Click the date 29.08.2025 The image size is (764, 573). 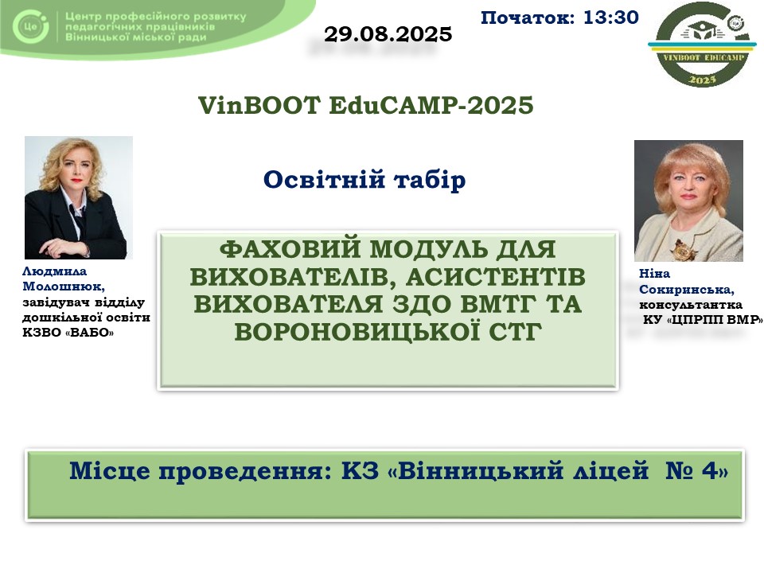388,34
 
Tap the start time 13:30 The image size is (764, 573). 610,18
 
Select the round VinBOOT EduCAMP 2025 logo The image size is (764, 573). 702,45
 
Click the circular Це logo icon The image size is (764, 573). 30,26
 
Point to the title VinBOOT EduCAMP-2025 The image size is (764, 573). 365,105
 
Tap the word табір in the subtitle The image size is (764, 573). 430,180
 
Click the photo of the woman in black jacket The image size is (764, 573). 79,197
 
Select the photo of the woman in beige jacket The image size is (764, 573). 688,201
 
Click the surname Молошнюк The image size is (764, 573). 64,287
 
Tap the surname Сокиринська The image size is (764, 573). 687,290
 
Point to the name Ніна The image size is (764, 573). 654,274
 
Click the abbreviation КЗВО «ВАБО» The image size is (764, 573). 68,333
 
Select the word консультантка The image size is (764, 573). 691,305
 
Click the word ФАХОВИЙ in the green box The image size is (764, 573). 290,249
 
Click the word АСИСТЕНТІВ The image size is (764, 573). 495,277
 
